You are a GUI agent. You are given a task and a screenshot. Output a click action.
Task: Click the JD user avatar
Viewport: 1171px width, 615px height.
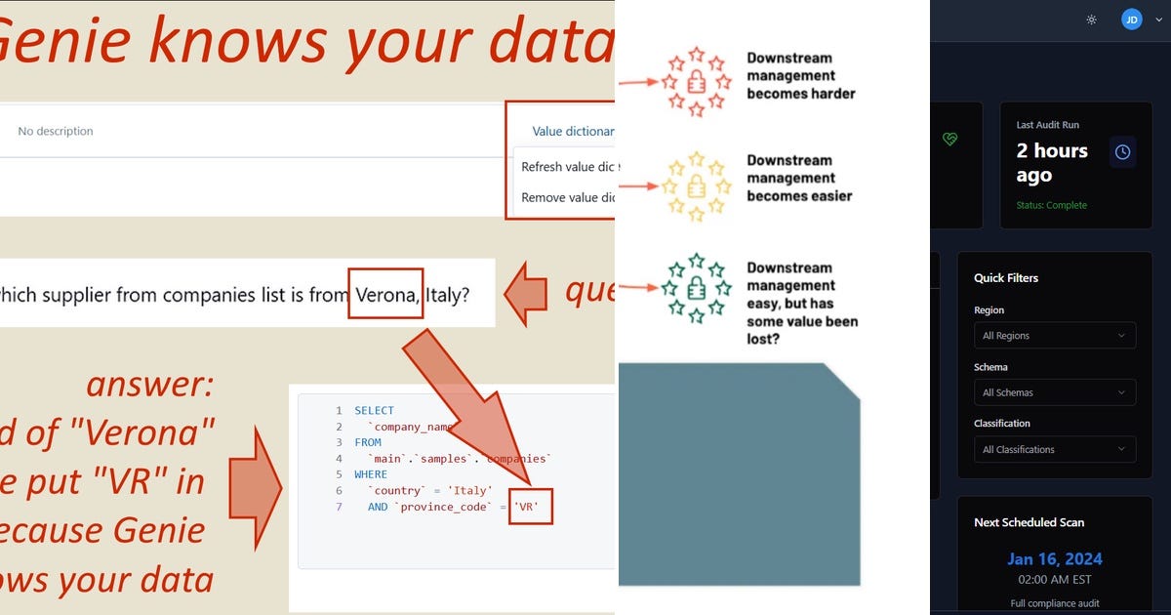pos(1131,20)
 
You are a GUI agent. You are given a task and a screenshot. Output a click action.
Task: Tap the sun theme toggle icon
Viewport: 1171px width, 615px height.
pos(1091,20)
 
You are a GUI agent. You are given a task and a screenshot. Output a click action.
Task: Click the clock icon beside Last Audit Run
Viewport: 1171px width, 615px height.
pos(1122,152)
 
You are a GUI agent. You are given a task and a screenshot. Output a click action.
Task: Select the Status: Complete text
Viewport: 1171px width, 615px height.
pos(1051,205)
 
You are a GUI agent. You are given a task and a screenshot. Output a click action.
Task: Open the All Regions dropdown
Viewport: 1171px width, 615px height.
pos(1055,336)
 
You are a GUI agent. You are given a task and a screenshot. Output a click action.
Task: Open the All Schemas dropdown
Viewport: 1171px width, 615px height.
pos(1055,392)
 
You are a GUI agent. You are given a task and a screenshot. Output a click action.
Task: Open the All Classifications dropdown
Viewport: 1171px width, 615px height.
pos(1055,449)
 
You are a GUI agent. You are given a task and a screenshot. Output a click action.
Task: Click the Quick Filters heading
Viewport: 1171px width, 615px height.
pos(1005,278)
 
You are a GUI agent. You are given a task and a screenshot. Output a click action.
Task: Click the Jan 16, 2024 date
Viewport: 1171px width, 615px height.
pos(1054,559)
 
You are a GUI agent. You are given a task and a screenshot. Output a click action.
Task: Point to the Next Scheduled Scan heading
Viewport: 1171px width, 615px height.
pos(1029,522)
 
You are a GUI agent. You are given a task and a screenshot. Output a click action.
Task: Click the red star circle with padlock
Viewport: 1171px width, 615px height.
pos(696,81)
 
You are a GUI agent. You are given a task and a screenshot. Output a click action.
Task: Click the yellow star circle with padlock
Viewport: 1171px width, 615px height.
pos(696,185)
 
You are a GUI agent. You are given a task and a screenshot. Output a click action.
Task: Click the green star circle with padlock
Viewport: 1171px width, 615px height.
pos(696,289)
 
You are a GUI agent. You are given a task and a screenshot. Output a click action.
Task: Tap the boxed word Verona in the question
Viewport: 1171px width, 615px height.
pos(385,294)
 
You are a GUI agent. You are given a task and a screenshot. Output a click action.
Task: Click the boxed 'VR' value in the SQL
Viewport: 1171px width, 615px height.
pos(531,507)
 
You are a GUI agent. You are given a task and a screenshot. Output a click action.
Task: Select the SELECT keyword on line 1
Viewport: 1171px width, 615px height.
pos(374,411)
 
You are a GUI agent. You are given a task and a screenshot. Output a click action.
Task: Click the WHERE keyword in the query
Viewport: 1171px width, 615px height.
pos(371,474)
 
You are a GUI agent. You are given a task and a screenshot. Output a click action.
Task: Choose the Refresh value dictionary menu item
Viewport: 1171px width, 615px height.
pos(567,167)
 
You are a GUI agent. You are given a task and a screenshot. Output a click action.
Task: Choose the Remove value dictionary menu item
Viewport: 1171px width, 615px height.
pos(567,197)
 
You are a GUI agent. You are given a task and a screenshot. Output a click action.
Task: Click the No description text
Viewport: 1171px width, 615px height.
pos(56,131)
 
